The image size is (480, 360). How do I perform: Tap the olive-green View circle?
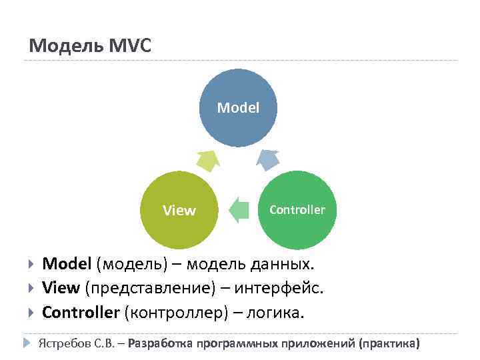179,210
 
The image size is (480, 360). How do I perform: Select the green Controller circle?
297,210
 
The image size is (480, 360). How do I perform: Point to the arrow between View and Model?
207,161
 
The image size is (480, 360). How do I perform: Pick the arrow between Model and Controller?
269,160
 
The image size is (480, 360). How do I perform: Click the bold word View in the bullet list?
61,288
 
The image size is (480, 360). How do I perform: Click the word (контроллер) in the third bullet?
175,312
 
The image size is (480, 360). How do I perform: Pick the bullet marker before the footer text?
27,344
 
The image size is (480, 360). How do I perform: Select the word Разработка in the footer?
158,344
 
